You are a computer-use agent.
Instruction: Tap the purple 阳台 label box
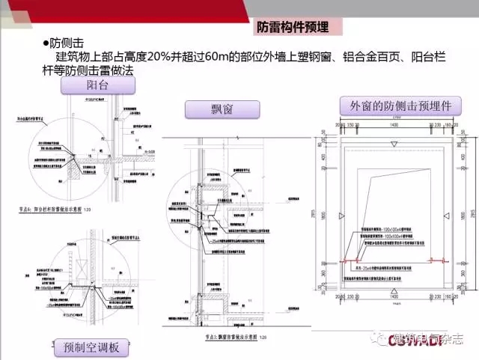click(x=99, y=85)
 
